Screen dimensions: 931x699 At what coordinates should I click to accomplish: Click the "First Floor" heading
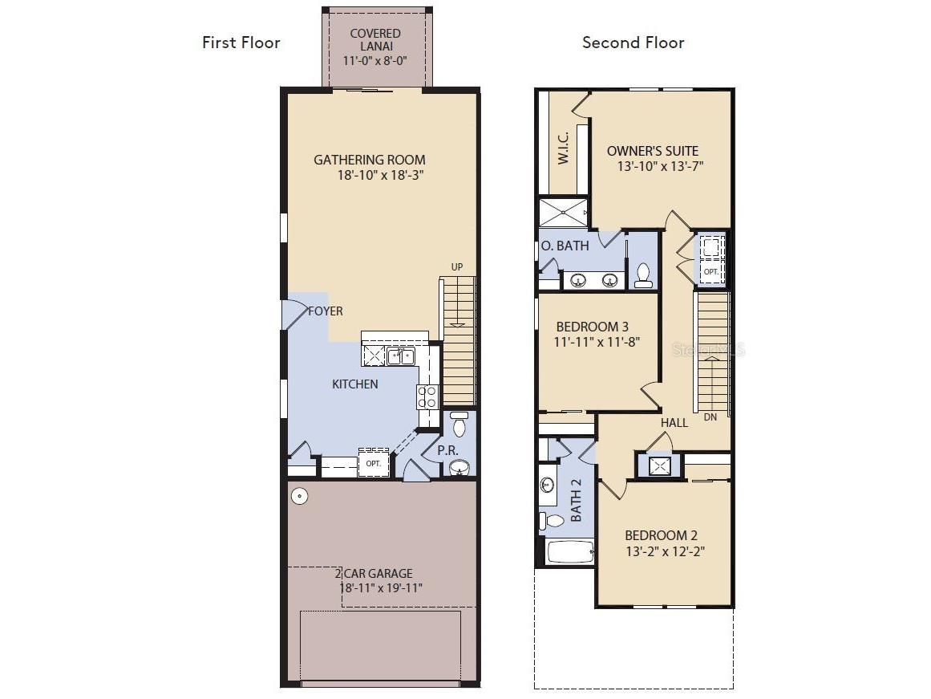[x=241, y=43]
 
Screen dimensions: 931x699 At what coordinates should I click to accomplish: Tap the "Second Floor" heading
[x=633, y=43]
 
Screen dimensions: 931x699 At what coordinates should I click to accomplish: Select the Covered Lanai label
[x=375, y=40]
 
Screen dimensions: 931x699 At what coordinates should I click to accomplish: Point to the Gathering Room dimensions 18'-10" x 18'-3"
[x=381, y=175]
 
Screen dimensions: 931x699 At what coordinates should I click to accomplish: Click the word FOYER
[x=326, y=311]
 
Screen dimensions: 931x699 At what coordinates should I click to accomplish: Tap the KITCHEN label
[x=355, y=384]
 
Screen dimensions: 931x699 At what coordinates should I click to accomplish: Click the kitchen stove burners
[x=427, y=396]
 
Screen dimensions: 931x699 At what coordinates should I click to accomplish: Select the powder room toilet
[x=459, y=423]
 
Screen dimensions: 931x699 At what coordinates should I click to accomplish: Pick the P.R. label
[x=447, y=450]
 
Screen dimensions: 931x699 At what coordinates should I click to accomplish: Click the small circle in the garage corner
[x=300, y=496]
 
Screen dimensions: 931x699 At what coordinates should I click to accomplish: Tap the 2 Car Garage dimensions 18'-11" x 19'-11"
[x=381, y=587]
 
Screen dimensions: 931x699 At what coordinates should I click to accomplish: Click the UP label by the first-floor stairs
[x=456, y=267]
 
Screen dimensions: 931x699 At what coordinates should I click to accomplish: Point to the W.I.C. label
[x=564, y=148]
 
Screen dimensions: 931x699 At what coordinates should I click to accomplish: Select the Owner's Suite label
[x=653, y=151]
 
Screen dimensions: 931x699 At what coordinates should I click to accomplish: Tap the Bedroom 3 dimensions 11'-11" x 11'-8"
[x=597, y=343]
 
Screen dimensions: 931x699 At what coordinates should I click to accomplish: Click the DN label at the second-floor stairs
[x=710, y=417]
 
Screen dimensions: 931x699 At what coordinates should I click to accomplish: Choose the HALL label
[x=674, y=423]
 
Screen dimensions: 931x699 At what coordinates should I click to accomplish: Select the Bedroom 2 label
[x=661, y=535]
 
